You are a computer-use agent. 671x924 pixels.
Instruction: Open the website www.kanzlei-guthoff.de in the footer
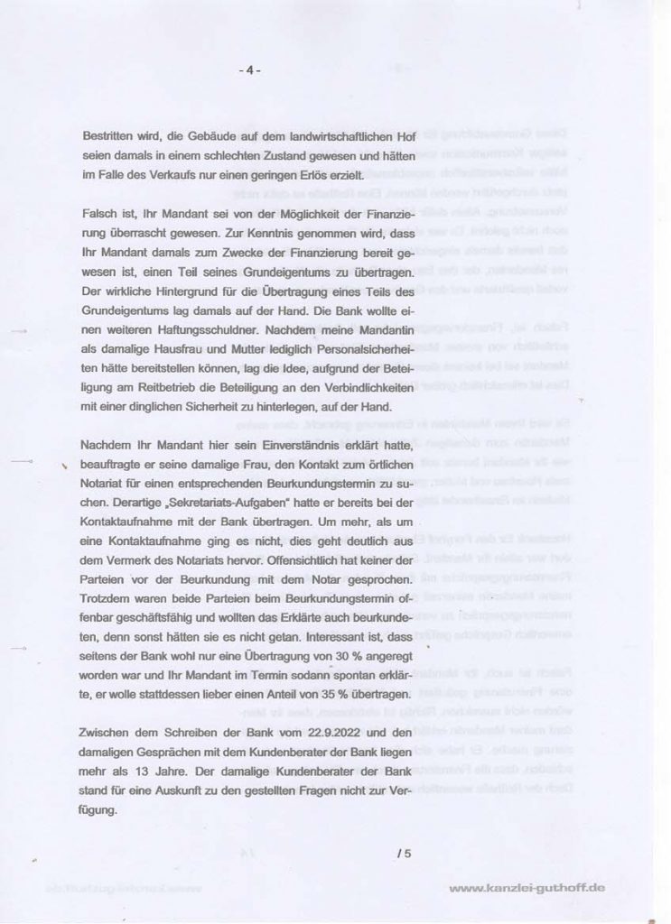pos(527,889)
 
